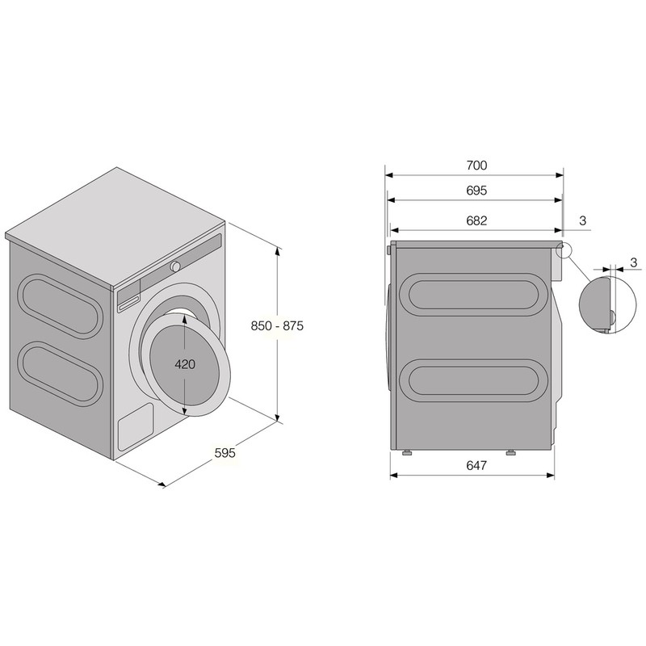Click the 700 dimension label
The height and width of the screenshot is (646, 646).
[x=476, y=166]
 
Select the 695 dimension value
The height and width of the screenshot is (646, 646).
[x=476, y=191]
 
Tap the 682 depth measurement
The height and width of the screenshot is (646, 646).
[x=476, y=220]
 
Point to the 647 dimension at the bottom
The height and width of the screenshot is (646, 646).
[x=476, y=465]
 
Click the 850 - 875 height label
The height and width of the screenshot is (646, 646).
[x=277, y=326]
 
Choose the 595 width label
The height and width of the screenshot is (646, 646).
[x=225, y=453]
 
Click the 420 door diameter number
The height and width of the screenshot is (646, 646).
[x=185, y=364]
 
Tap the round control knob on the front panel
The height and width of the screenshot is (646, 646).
[x=176, y=266]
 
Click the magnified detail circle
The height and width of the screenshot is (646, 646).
[x=608, y=304]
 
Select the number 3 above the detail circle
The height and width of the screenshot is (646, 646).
[x=634, y=262]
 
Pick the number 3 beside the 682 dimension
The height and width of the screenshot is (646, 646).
[x=582, y=220]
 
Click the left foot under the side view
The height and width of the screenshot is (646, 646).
[x=408, y=452]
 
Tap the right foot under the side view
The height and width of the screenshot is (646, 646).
[x=510, y=452]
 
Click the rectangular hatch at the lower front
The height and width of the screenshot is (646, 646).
[x=136, y=426]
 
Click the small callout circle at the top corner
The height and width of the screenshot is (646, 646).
[x=563, y=250]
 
